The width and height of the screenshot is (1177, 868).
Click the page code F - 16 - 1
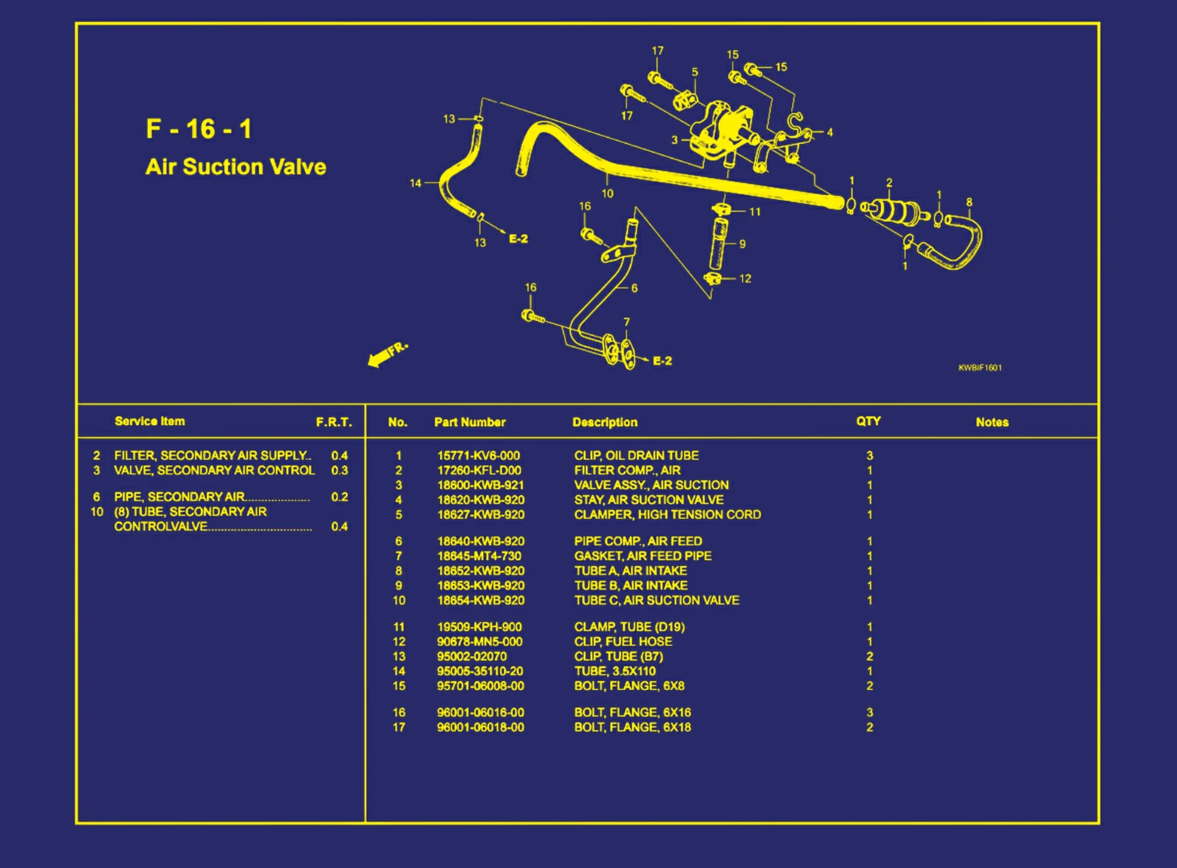tap(199, 129)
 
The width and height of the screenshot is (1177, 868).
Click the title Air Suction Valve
tap(236, 167)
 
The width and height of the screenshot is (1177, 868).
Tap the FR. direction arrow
tap(387, 354)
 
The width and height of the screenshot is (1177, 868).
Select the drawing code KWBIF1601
tap(980, 368)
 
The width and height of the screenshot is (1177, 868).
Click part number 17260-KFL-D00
tap(479, 471)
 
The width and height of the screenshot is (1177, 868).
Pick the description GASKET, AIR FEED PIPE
tap(642, 556)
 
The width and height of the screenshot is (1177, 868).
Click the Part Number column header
tap(470, 422)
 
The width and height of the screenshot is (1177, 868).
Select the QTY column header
tap(868, 421)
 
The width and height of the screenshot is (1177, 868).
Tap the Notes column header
tap(991, 422)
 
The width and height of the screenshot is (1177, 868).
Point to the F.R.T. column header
tap(334, 422)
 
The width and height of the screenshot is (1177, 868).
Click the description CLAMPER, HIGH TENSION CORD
tap(667, 514)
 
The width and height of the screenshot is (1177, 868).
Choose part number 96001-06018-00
tap(481, 727)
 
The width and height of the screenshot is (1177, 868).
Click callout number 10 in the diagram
tap(607, 194)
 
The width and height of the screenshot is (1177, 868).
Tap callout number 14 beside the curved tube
tap(415, 183)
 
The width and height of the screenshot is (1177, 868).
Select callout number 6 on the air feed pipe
tap(634, 288)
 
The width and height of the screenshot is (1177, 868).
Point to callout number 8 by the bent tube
tap(969, 203)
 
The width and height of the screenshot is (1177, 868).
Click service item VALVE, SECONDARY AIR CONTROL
tap(214, 471)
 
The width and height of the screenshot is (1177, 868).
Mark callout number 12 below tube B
tap(745, 279)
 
